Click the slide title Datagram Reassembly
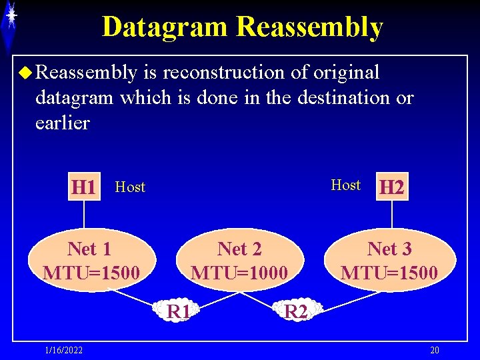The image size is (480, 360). pyautogui.click(x=242, y=27)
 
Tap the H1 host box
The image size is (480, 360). pyautogui.click(x=83, y=187)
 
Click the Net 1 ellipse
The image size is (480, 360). pyautogui.click(x=91, y=261)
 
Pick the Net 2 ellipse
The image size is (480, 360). pyautogui.click(x=239, y=261)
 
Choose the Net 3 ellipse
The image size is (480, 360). pyautogui.click(x=389, y=261)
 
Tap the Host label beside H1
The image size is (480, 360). pyautogui.click(x=130, y=187)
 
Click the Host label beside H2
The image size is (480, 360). pyautogui.click(x=345, y=185)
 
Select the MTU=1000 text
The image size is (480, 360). pyautogui.click(x=239, y=273)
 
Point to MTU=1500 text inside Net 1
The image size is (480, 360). pyautogui.click(x=91, y=273)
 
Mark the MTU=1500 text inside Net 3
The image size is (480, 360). pyautogui.click(x=389, y=273)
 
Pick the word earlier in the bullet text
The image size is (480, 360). pyautogui.click(x=62, y=123)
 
